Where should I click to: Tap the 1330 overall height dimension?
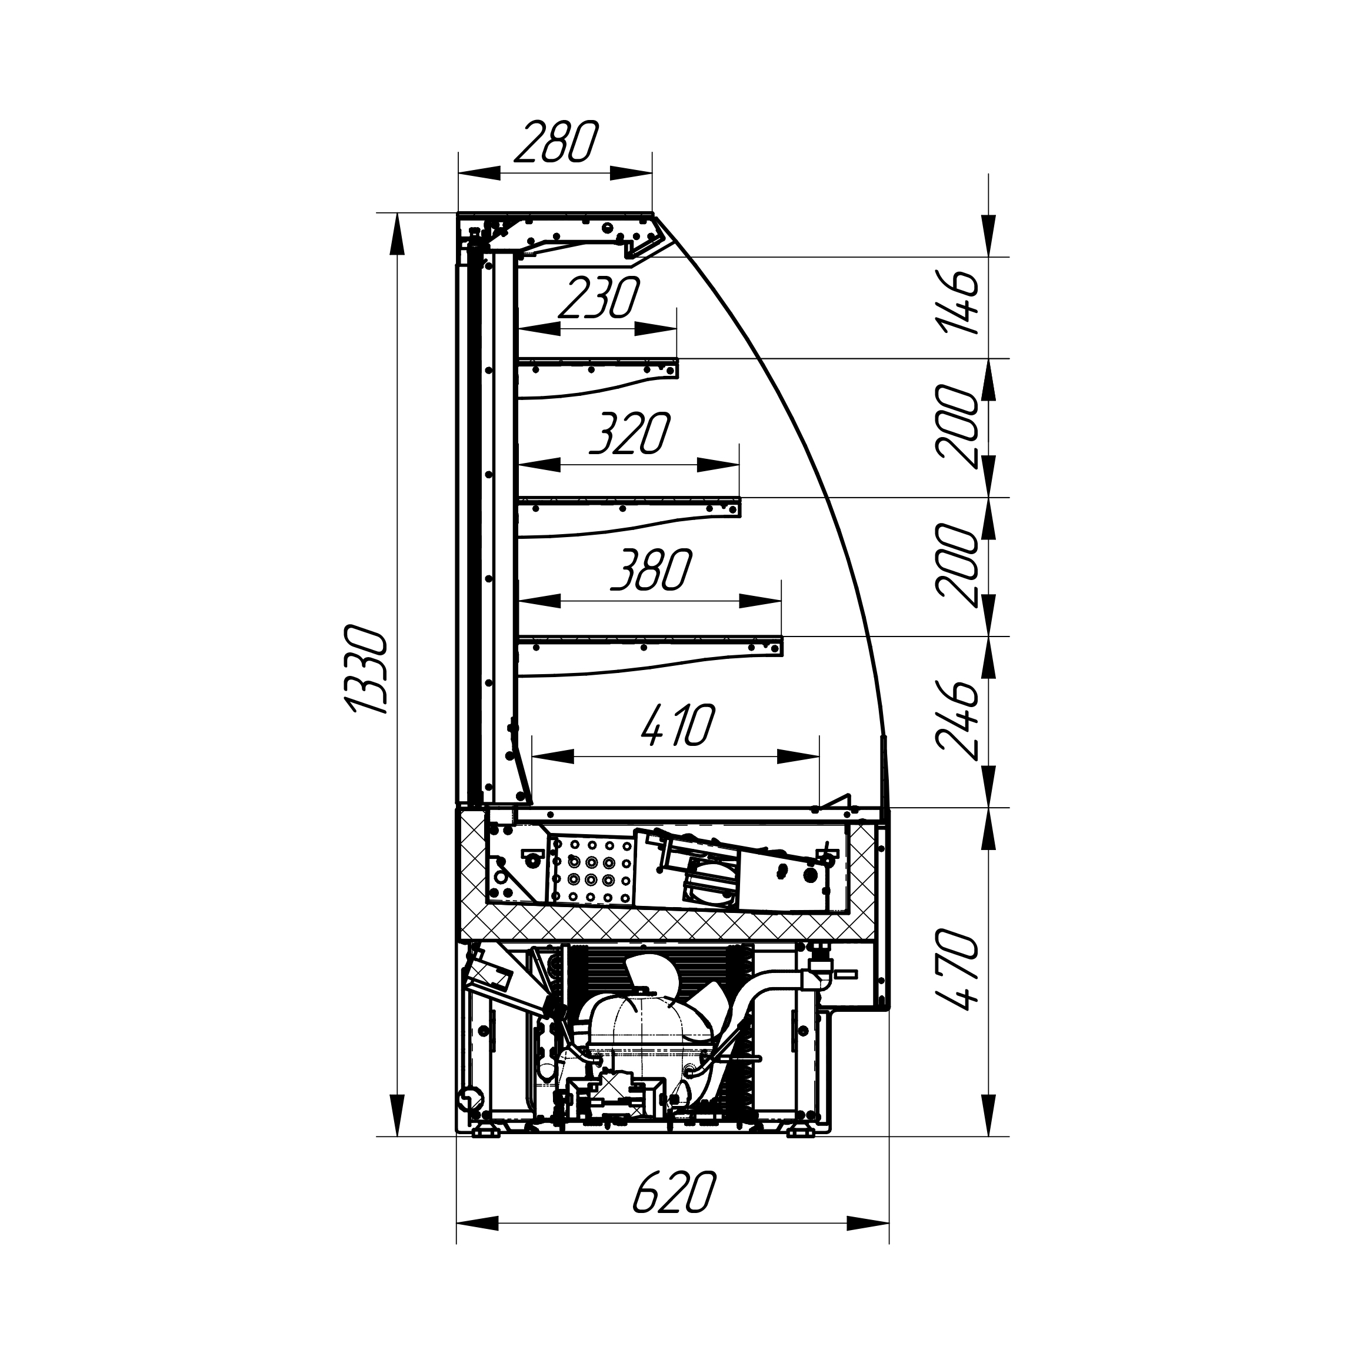(366, 671)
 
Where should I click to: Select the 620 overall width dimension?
(674, 1192)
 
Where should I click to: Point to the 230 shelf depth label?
(599, 298)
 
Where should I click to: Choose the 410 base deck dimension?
(678, 725)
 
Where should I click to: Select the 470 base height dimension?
(957, 969)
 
